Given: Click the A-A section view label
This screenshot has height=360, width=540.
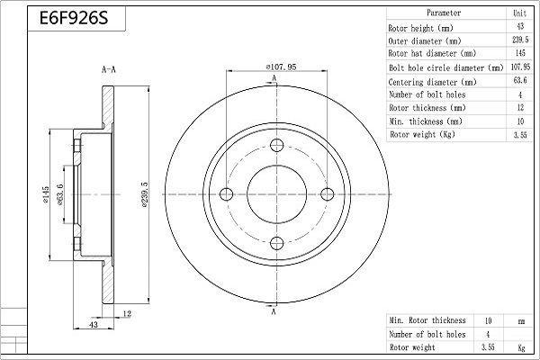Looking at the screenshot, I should (107, 68).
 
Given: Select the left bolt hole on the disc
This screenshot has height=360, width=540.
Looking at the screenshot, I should (225, 192).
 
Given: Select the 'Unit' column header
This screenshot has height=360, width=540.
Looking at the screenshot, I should (519, 13).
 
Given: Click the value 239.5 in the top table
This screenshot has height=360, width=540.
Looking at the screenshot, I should (519, 40).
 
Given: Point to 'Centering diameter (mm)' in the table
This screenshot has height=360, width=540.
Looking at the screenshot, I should (430, 80).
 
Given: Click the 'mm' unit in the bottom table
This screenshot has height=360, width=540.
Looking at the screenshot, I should (519, 320).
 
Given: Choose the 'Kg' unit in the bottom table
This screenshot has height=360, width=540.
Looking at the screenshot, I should (519, 346).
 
